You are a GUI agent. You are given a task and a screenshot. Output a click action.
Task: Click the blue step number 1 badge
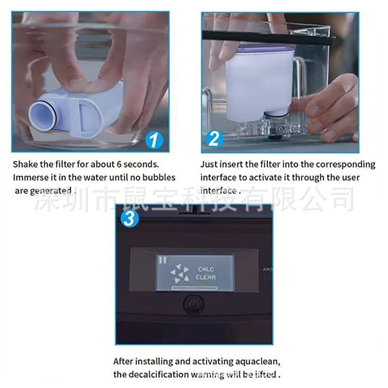(x=154, y=141)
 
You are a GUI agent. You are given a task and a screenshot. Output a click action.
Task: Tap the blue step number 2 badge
(x=214, y=139)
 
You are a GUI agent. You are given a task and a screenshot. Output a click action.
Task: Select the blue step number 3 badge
(x=129, y=219)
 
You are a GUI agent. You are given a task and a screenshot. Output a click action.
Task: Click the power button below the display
(x=194, y=304)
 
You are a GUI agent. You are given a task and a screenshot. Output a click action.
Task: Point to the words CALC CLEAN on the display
(x=206, y=273)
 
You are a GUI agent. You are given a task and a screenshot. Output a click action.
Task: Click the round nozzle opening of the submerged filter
(x=42, y=116)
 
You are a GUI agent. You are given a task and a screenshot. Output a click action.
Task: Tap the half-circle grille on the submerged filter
(x=90, y=118)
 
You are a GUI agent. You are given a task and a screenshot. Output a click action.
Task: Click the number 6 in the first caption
(x=119, y=164)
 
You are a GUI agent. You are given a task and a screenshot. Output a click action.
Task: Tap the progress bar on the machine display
(x=194, y=288)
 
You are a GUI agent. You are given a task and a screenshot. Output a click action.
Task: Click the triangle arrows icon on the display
(x=180, y=274)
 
